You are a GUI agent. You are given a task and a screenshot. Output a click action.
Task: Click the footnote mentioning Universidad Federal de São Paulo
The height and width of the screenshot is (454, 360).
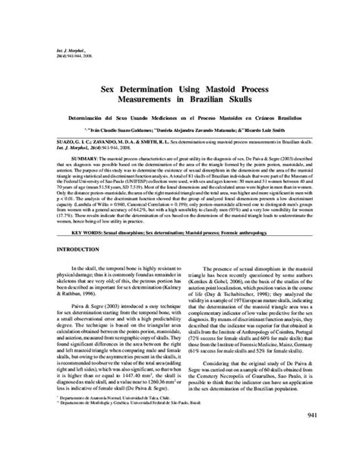[114, 402]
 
